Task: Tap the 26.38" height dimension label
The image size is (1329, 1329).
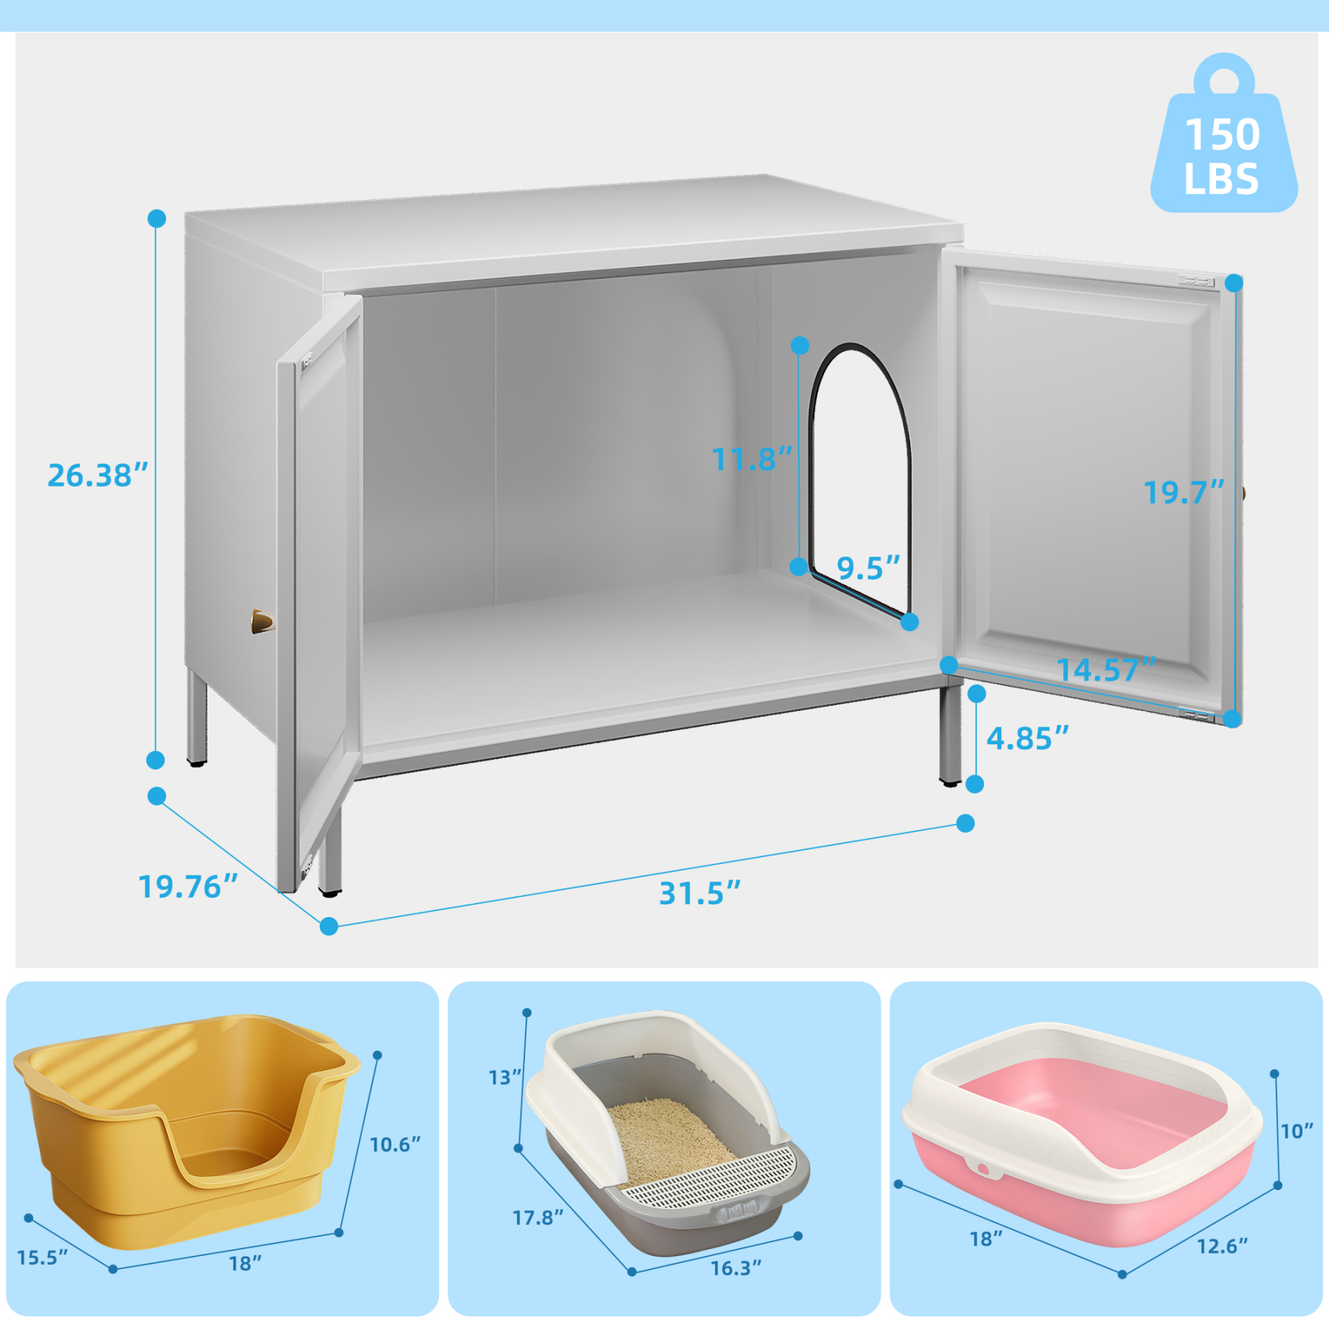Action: tap(97, 475)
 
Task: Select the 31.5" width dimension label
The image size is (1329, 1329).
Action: tap(699, 893)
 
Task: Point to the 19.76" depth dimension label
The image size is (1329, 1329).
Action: tap(188, 887)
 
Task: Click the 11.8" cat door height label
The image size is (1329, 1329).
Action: tap(752, 459)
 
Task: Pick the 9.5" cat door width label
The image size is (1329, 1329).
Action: tap(868, 569)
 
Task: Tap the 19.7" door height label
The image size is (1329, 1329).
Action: tap(1184, 492)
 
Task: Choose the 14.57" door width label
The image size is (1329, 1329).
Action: tap(1105, 670)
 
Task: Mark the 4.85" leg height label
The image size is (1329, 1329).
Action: tap(1027, 738)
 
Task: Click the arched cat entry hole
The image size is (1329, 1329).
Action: tap(861, 473)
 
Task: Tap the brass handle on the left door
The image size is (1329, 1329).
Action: tap(261, 622)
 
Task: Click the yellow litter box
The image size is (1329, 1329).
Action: tap(185, 1130)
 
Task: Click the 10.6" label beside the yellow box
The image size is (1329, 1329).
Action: tap(395, 1144)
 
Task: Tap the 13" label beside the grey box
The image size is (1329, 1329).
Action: tap(505, 1078)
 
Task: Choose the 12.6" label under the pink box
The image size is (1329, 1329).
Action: tap(1222, 1247)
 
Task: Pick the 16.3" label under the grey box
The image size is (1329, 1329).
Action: tap(735, 1268)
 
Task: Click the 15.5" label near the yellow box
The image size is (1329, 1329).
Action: tap(42, 1257)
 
